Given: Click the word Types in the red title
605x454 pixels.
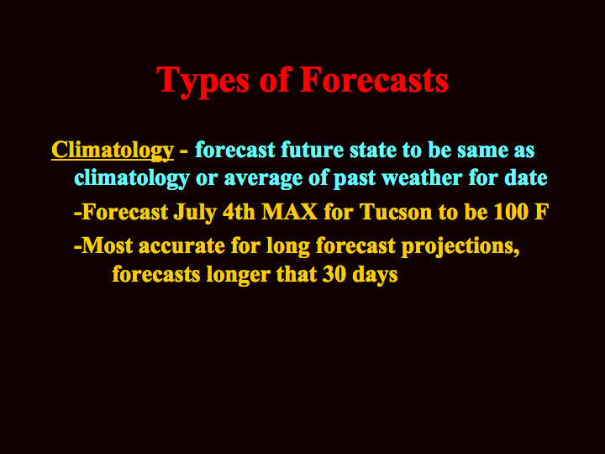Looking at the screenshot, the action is click(x=203, y=82).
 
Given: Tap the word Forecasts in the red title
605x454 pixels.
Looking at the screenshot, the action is click(x=374, y=79).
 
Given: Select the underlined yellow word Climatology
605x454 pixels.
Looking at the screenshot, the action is click(x=113, y=150).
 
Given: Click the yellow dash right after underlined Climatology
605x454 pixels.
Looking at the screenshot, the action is click(x=184, y=151).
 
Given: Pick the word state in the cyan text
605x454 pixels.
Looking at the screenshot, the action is click(x=373, y=150).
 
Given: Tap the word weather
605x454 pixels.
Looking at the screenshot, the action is click(x=422, y=177).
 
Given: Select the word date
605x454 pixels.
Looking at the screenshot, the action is click(x=528, y=177).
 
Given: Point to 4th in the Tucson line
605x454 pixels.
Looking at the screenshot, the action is click(x=239, y=212).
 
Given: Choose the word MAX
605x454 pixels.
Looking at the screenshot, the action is click(x=289, y=212).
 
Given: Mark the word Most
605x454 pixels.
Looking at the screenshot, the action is click(x=108, y=245).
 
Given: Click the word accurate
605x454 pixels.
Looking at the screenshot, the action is click(x=181, y=246).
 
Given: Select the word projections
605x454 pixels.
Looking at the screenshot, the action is click(x=460, y=247).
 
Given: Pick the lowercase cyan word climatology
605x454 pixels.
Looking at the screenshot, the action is click(x=132, y=178).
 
